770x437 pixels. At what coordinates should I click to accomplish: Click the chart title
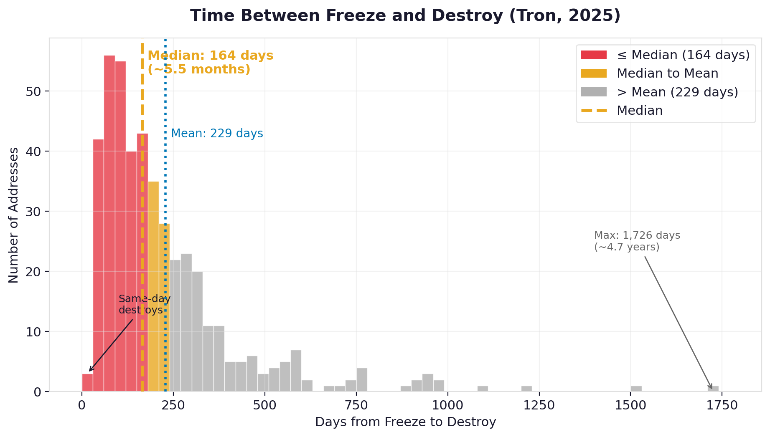point(405,16)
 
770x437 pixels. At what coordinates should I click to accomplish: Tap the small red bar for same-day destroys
point(87,383)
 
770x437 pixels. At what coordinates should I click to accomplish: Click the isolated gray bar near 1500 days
point(636,389)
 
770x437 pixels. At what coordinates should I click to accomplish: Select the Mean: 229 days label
point(217,134)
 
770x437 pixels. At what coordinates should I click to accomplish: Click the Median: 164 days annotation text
point(210,62)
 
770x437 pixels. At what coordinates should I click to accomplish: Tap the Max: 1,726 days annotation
point(637,241)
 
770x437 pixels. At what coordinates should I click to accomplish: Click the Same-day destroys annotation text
point(144,304)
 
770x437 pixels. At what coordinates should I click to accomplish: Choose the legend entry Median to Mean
point(667,73)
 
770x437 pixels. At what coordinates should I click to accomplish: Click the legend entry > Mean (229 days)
point(677,92)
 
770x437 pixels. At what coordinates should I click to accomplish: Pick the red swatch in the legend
point(593,55)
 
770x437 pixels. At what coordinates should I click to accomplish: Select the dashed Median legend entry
point(639,111)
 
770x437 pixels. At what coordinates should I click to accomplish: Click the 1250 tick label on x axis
point(539,405)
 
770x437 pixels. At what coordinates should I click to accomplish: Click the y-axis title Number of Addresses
point(13,215)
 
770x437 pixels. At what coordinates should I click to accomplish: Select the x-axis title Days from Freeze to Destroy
point(405,422)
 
